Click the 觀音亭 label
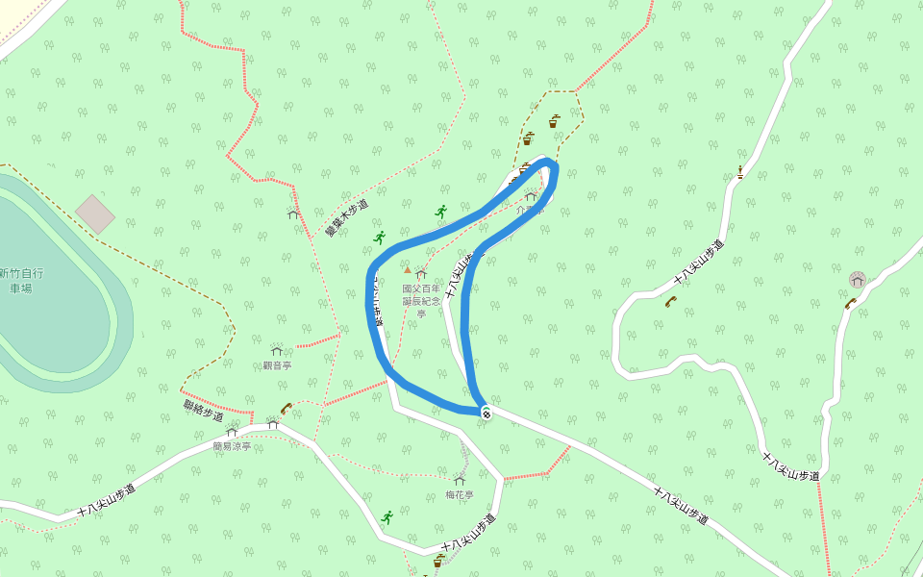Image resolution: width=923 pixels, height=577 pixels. click(277, 365)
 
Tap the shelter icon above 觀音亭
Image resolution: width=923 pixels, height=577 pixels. click(277, 351)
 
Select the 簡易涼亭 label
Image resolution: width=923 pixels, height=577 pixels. click(232, 446)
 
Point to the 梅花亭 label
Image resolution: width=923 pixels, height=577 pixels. click(460, 495)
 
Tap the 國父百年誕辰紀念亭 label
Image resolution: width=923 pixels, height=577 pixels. click(421, 300)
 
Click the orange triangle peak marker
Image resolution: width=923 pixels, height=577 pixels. click(407, 270)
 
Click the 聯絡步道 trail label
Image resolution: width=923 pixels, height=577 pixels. click(203, 410)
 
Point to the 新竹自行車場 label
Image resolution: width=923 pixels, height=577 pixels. click(21, 280)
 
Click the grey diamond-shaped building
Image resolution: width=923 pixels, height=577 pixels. click(95, 213)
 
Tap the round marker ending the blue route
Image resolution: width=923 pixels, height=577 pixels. click(486, 414)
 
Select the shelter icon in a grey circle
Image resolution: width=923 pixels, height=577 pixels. click(858, 280)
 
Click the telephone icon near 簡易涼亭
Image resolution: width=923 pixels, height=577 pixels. click(286, 408)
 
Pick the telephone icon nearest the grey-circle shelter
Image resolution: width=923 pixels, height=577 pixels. click(850, 304)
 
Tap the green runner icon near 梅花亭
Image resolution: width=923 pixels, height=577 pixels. click(387, 517)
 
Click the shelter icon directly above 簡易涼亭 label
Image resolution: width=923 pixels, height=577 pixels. click(232, 433)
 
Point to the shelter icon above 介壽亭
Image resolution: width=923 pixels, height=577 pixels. click(530, 196)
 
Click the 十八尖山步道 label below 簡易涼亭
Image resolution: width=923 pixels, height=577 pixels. click(107, 501)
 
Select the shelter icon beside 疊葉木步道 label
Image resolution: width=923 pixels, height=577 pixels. click(293, 214)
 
